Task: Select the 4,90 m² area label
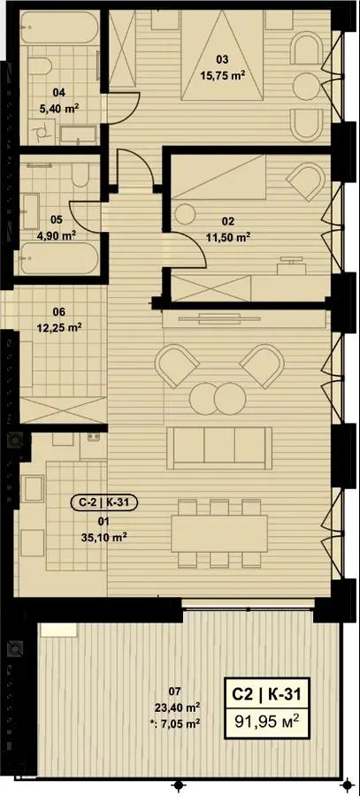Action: (x=57, y=234)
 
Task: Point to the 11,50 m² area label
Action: (x=228, y=236)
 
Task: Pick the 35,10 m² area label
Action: (x=103, y=536)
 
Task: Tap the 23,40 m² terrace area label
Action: (x=177, y=706)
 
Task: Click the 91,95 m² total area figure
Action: (x=270, y=720)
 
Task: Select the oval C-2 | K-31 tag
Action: (x=103, y=503)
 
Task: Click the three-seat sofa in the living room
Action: (x=219, y=448)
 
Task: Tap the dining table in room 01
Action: (x=219, y=534)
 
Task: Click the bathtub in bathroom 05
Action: (x=60, y=258)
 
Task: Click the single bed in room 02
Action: (x=218, y=177)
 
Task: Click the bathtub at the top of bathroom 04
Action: (x=60, y=28)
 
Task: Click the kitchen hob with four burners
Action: (x=92, y=437)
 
